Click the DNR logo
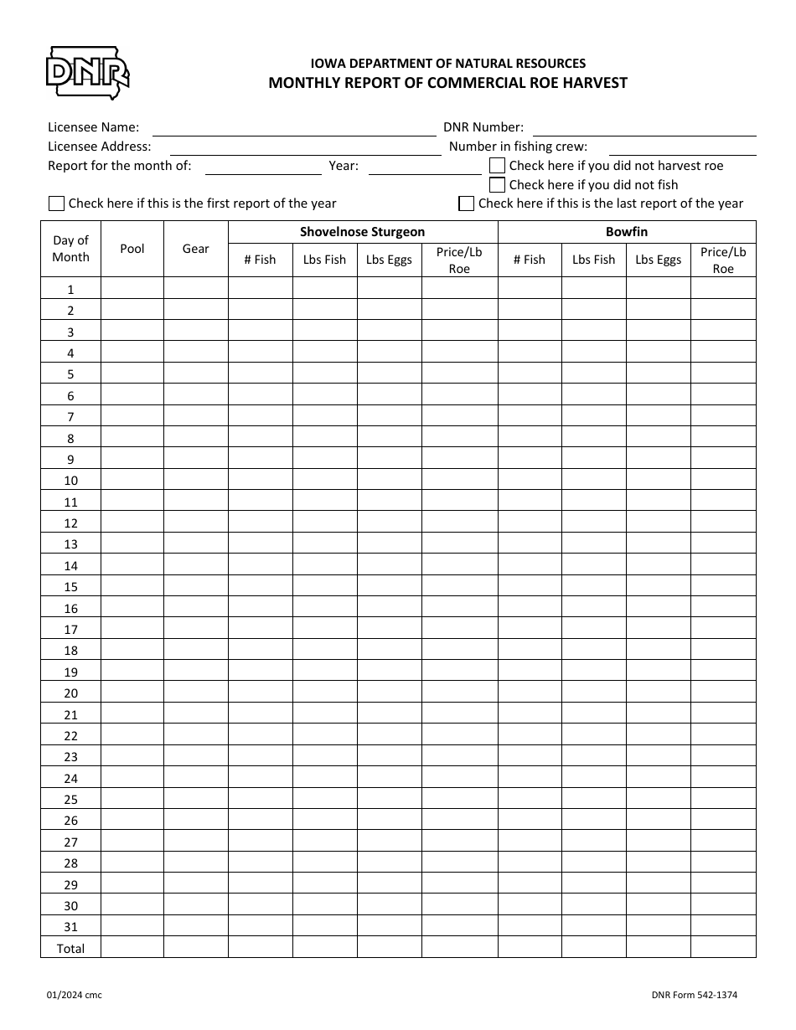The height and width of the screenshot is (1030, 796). [87, 73]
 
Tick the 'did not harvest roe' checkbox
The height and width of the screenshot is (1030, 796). [497, 166]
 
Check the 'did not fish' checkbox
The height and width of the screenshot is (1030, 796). [497, 185]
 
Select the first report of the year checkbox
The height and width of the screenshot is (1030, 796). [57, 203]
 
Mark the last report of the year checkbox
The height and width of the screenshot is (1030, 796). [467, 203]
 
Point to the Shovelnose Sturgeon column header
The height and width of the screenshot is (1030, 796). [363, 232]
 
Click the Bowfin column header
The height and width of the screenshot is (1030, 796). [627, 232]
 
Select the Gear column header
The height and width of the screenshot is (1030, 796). [196, 249]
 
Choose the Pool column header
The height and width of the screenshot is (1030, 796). [132, 249]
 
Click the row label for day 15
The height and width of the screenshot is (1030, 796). [70, 587]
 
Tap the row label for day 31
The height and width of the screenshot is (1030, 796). [70, 927]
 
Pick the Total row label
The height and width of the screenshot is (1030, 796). [70, 948]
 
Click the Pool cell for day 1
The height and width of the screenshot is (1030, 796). [132, 289]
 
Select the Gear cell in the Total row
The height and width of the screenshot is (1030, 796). [196, 947]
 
